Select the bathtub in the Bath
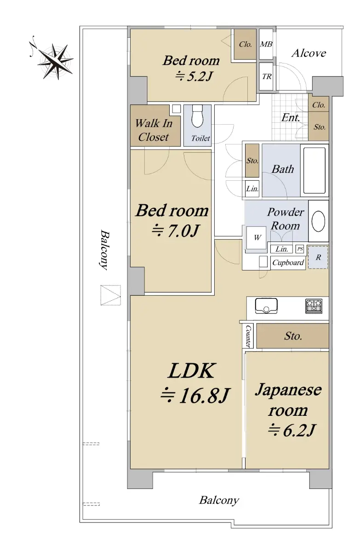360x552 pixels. tap(314, 170)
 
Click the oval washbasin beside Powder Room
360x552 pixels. tap(318, 221)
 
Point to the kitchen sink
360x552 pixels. tap(266, 306)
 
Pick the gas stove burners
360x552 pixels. tap(314, 306)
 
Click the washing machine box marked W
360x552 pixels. tap(257, 238)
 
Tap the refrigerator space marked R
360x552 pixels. tap(318, 257)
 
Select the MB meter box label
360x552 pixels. tap(266, 44)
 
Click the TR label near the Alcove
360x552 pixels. tap(267, 77)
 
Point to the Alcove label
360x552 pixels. tap(309, 53)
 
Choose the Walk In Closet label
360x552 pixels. tap(154, 130)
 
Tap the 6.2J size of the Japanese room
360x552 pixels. tap(291, 430)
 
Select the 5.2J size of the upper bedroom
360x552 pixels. tap(194, 77)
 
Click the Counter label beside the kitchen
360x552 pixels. tap(248, 336)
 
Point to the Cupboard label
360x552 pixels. tap(288, 263)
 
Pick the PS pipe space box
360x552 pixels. tap(300, 249)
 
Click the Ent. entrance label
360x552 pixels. tap(291, 118)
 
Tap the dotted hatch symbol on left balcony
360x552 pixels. tap(110, 295)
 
